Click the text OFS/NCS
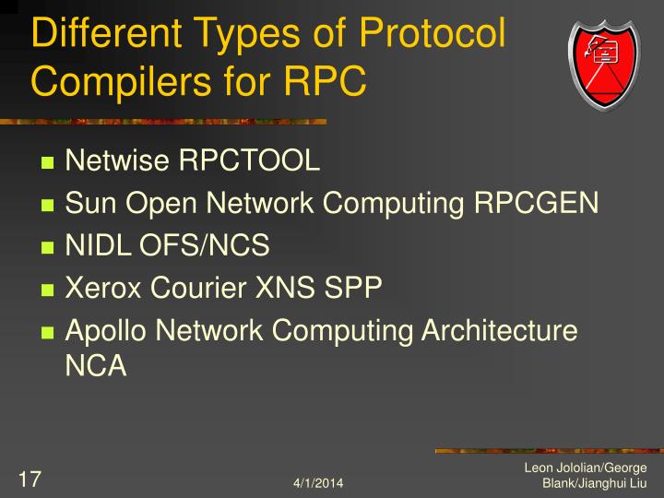(205, 245)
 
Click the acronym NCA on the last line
(95, 366)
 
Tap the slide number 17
(30, 479)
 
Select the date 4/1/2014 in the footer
(319, 483)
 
